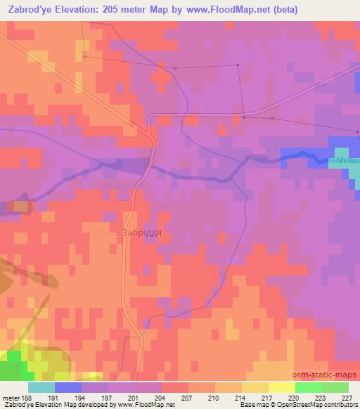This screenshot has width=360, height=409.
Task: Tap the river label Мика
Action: (x=347, y=161)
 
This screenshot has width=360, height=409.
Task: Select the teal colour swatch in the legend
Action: (x=41, y=387)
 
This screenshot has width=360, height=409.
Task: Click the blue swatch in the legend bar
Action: (x=68, y=387)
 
